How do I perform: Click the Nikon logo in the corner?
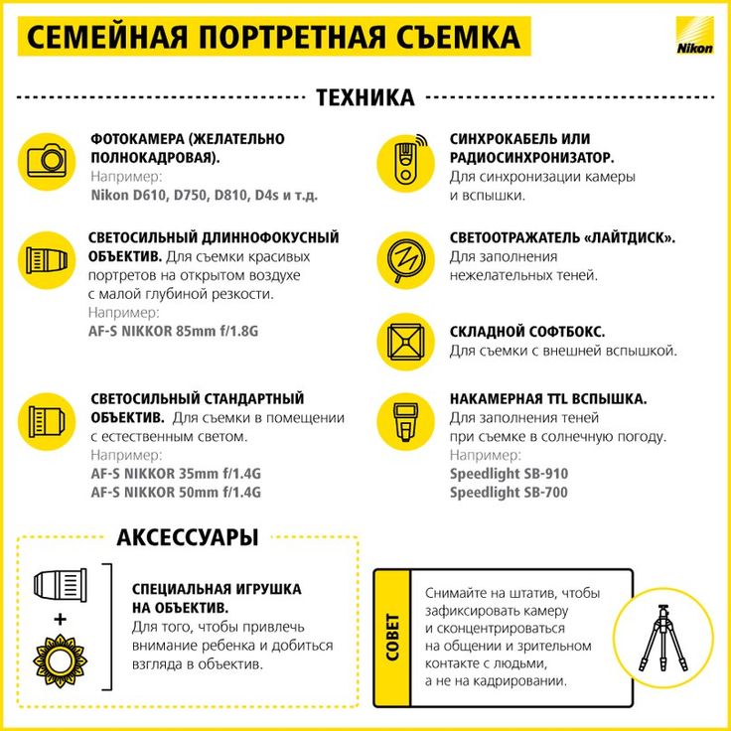pyautogui.click(x=693, y=38)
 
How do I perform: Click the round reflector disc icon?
pyautogui.click(x=405, y=258)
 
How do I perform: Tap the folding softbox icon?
pyautogui.click(x=405, y=341)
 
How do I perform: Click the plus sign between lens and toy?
pyautogui.click(x=60, y=619)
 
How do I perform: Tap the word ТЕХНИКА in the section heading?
pyautogui.click(x=365, y=97)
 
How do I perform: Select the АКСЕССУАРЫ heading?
pyautogui.click(x=188, y=537)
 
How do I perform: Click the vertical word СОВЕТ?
pyautogui.click(x=392, y=637)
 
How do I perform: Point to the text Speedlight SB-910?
pyautogui.click(x=509, y=474)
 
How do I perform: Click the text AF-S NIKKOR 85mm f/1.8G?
pyautogui.click(x=173, y=331)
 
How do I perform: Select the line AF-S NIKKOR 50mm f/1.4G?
pyautogui.click(x=175, y=492)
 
